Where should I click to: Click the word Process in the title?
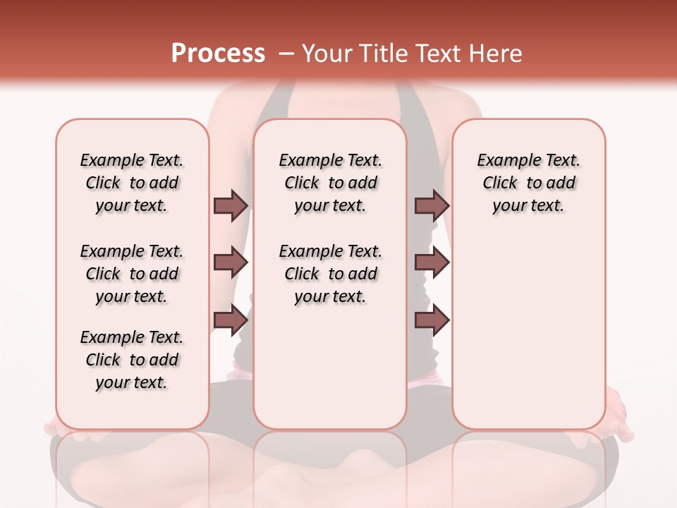pyautogui.click(x=218, y=54)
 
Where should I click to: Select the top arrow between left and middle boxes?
pyautogui.click(x=231, y=205)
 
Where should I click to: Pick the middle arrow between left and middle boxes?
pyautogui.click(x=231, y=262)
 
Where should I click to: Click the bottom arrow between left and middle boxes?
pyautogui.click(x=231, y=320)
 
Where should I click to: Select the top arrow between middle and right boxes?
pyautogui.click(x=432, y=205)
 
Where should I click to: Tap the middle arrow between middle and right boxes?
pyautogui.click(x=432, y=262)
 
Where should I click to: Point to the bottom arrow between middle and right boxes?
pyautogui.click(x=432, y=320)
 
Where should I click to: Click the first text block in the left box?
pyautogui.click(x=132, y=183)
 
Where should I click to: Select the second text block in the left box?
pyautogui.click(x=132, y=274)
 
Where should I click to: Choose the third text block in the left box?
pyautogui.click(x=132, y=360)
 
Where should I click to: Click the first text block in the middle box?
pyautogui.click(x=330, y=183)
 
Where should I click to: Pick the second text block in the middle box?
pyautogui.click(x=330, y=274)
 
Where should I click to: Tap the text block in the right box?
pyautogui.click(x=528, y=183)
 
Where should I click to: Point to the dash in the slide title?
pyautogui.click(x=286, y=54)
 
